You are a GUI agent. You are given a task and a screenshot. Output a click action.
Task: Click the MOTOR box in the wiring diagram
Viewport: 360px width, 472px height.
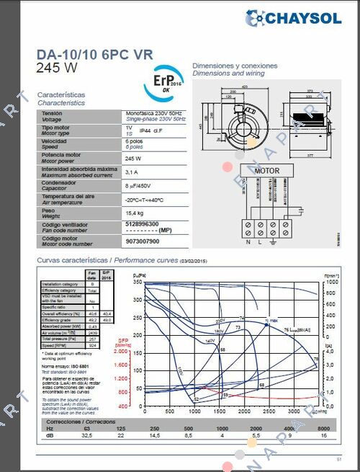tap(267, 171)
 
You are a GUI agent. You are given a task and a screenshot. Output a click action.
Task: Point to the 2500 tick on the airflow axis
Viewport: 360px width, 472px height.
tap(269, 411)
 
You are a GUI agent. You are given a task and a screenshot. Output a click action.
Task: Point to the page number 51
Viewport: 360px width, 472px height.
tap(338, 459)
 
